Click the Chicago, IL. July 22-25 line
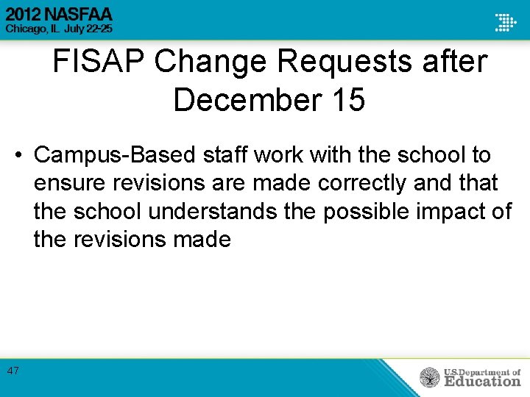(x=59, y=28)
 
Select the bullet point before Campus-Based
(x=18, y=155)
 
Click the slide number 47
(x=13, y=371)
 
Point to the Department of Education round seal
(x=430, y=377)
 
